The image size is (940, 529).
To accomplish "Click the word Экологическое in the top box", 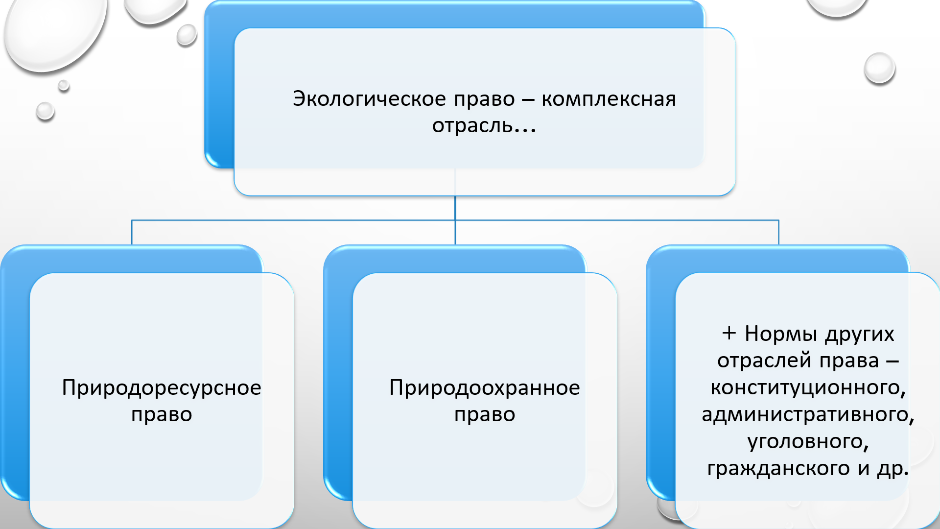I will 369,99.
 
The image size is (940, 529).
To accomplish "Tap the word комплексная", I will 609,99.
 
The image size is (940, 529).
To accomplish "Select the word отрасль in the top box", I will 472,126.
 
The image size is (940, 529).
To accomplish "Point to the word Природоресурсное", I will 162,387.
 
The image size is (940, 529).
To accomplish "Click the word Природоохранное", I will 485,387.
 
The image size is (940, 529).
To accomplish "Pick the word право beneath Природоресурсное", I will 162,414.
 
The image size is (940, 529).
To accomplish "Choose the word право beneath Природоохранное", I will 485,414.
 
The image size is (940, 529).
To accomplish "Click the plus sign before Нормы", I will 729,334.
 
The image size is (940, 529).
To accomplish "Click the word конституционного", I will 808,387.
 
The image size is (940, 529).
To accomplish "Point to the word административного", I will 808,414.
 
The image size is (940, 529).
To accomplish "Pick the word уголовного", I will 808,441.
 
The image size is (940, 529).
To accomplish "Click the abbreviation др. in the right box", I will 893,468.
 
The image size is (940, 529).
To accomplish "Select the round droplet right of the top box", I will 879,68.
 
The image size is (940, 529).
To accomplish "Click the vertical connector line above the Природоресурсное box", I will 132,232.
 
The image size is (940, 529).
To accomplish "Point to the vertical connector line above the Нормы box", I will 778,232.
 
